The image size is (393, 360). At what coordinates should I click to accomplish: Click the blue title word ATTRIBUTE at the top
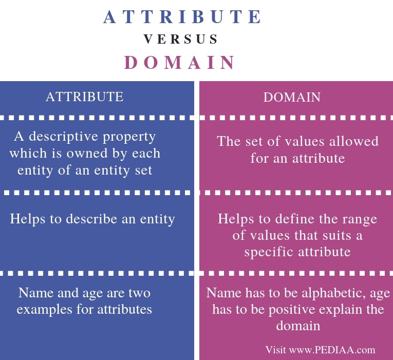pos(183,17)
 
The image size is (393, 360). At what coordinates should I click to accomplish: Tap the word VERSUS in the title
pos(181,40)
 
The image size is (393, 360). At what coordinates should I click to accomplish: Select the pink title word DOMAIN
pos(180,63)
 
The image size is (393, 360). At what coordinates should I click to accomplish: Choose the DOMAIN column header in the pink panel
pos(292,97)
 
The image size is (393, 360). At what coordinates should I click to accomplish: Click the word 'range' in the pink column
pos(359,219)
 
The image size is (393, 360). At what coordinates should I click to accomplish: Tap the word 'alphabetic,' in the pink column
pos(332,293)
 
